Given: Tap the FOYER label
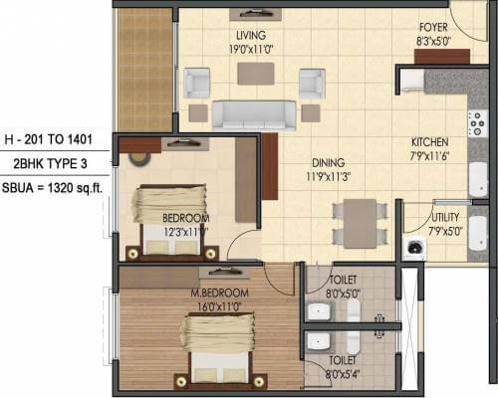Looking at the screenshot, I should [433, 30].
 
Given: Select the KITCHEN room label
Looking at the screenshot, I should [429, 142].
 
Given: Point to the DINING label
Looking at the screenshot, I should [327, 162].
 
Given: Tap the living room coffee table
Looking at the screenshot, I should [260, 75].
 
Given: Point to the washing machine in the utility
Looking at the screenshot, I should [414, 248].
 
